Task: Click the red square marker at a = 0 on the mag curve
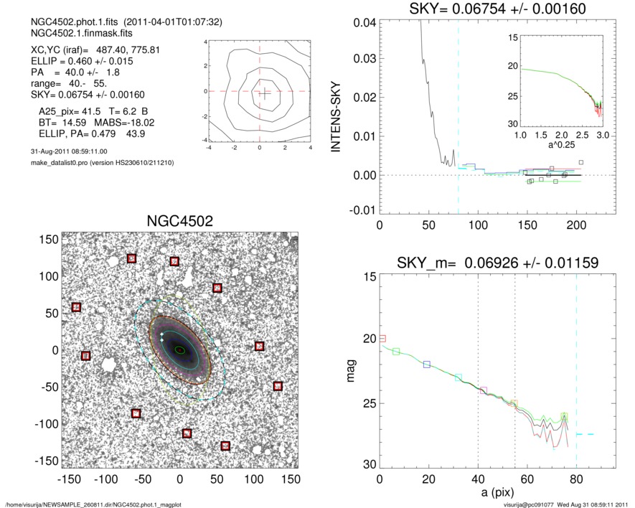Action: pyautogui.click(x=382, y=338)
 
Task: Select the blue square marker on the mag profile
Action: pyautogui.click(x=427, y=364)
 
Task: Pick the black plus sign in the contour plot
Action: pyautogui.click(x=265, y=92)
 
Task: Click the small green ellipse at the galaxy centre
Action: pyautogui.click(x=180, y=350)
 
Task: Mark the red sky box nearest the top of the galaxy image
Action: pyautogui.click(x=131, y=258)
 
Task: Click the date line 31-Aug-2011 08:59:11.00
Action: pyautogui.click(x=65, y=152)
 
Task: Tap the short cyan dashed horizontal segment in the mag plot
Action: pyautogui.click(x=585, y=434)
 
